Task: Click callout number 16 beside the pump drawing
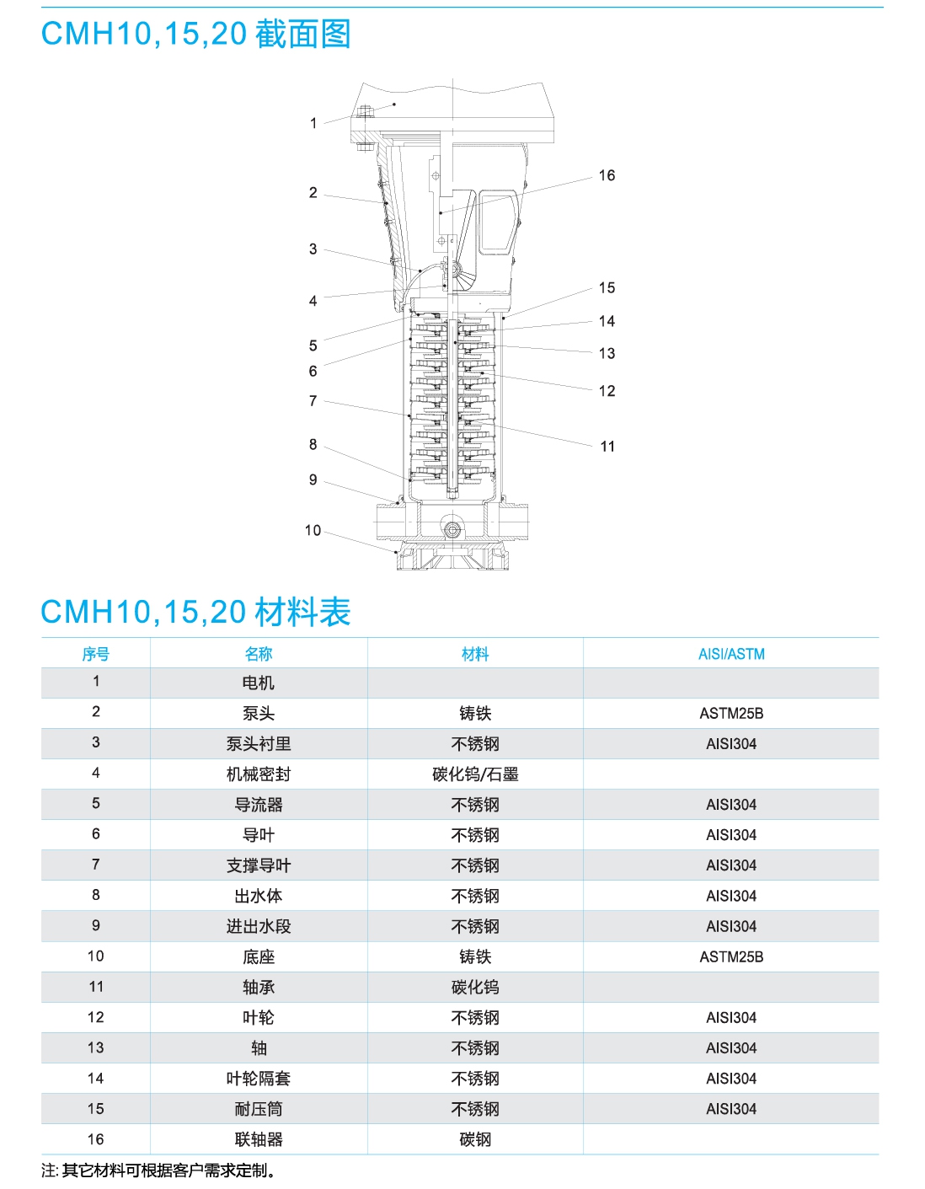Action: click(x=606, y=175)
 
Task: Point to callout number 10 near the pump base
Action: click(x=313, y=530)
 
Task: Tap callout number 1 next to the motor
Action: click(x=313, y=123)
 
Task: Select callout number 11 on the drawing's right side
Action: click(x=607, y=447)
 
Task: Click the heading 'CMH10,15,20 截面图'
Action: click(x=195, y=34)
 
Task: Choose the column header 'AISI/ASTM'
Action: click(x=730, y=654)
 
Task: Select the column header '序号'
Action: click(x=96, y=654)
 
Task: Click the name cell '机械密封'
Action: click(x=259, y=774)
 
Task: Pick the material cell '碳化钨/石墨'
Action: click(x=475, y=774)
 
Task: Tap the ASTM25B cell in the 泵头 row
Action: click(x=730, y=714)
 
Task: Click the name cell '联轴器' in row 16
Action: click(x=259, y=1139)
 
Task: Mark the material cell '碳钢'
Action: click(x=475, y=1139)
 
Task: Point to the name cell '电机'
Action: click(x=259, y=683)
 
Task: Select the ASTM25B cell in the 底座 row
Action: click(x=730, y=957)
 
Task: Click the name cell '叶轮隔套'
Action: click(x=259, y=1079)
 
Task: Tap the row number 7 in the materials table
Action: click(x=96, y=865)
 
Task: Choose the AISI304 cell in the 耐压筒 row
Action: click(x=730, y=1109)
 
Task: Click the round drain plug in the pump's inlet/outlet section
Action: click(x=452, y=530)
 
